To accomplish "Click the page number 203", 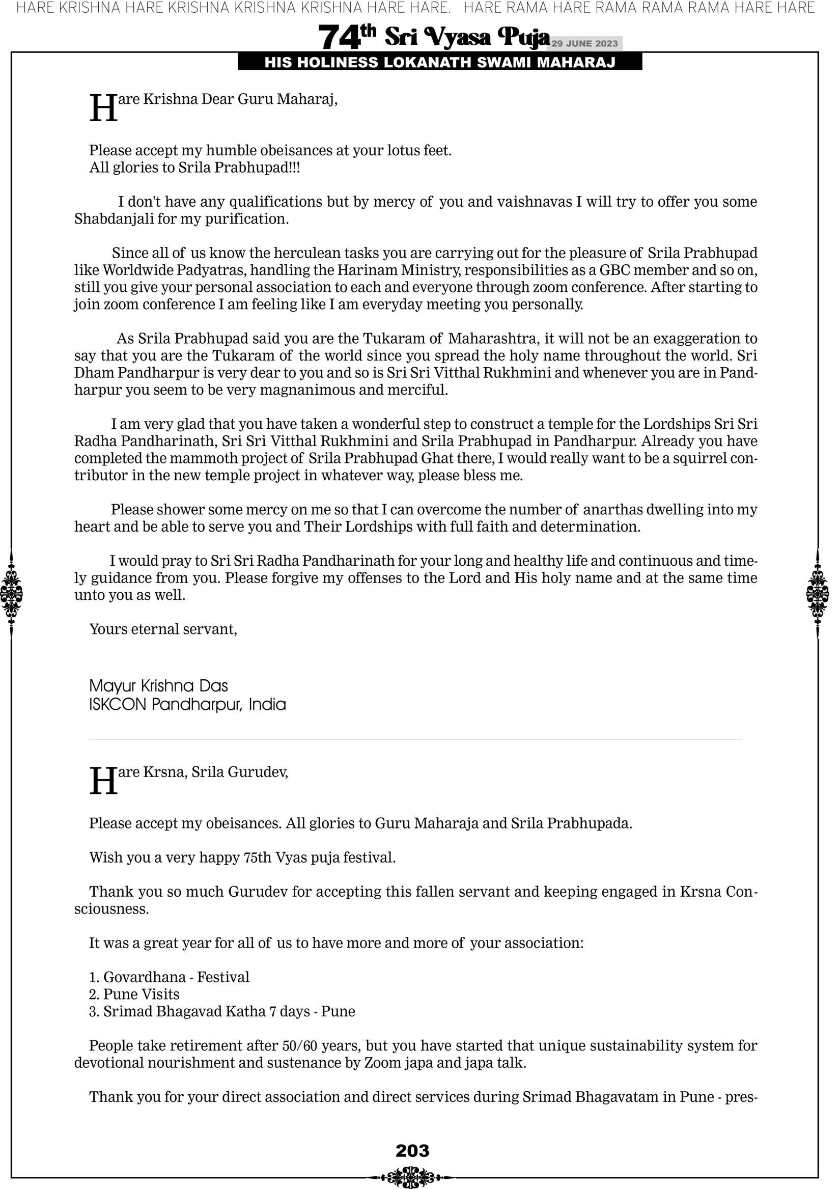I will pyautogui.click(x=412, y=1150).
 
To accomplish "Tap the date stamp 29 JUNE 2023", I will pyautogui.click(x=584, y=43).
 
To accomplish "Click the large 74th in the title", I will pyautogui.click(x=346, y=37).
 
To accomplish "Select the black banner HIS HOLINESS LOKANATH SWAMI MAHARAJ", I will pyautogui.click(x=440, y=63).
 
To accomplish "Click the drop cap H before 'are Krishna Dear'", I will pyautogui.click(x=103, y=108).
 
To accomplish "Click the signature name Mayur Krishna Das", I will pyautogui.click(x=158, y=685).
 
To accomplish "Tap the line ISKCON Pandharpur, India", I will pyautogui.click(x=187, y=704).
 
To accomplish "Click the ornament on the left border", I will pyautogui.click(x=11, y=593).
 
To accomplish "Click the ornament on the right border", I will pyautogui.click(x=818, y=593).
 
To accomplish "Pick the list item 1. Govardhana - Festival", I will pyautogui.click(x=170, y=977).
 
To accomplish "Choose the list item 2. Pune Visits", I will pyautogui.click(x=134, y=994).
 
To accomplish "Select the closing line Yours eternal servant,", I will pyautogui.click(x=163, y=629).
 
